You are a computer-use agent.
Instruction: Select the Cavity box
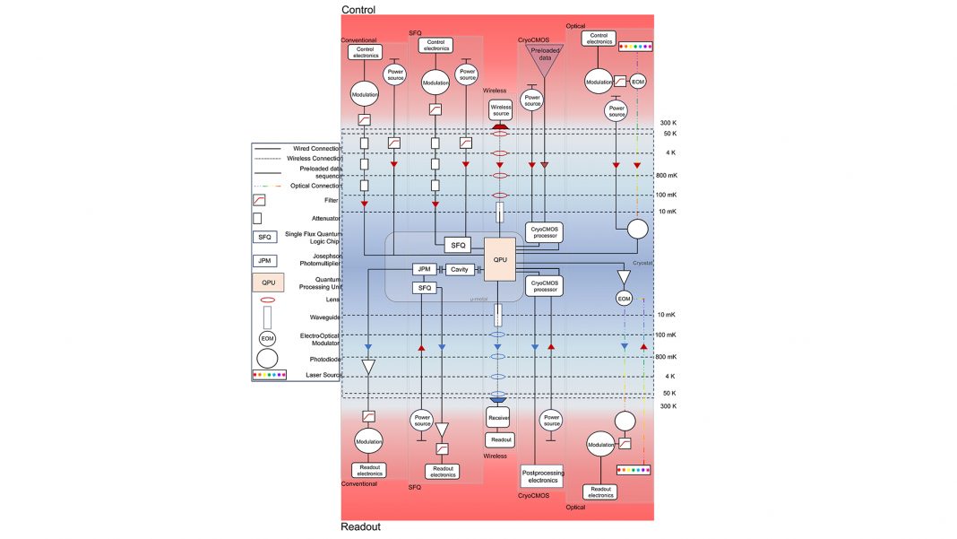460,269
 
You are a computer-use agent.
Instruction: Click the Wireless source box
500,109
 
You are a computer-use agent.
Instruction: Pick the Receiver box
498,418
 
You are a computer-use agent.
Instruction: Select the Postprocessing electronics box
543,475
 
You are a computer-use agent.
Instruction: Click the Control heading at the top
358,9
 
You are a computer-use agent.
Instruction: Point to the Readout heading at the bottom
360,527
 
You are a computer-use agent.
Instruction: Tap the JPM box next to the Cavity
423,269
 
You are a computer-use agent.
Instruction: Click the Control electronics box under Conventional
365,52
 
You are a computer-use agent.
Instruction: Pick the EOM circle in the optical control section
637,82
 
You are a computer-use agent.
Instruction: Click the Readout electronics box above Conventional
368,470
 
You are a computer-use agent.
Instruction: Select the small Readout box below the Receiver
499,439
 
